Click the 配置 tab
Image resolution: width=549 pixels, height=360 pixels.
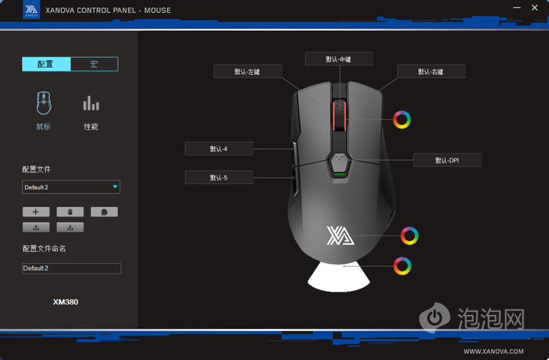coord(46,64)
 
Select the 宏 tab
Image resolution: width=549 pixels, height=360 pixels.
coord(94,64)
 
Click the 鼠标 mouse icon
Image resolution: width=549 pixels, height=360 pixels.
coord(44,103)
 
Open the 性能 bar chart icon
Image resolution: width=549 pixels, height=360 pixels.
coord(91,103)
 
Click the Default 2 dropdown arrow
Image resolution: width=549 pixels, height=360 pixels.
coord(115,187)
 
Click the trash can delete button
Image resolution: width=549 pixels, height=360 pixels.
coord(70,212)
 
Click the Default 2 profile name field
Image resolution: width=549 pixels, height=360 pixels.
coord(71,268)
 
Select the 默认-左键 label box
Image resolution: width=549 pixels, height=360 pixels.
coord(247,71)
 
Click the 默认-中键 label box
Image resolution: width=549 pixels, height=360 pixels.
coord(339,59)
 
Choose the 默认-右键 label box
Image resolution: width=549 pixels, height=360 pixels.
coord(431,71)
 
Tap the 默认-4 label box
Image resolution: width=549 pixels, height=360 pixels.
coord(219,149)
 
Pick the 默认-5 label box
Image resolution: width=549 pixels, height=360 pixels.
coord(219,177)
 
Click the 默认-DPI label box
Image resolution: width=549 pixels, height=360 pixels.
coord(447,160)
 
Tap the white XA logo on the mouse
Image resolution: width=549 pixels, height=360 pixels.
coord(340,235)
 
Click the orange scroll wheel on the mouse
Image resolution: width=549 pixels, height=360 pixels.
coord(339,116)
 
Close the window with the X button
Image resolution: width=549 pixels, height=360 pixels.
coord(535,8)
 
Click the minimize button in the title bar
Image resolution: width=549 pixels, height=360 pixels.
coord(517,8)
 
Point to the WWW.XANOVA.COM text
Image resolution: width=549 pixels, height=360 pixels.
coord(493,351)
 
